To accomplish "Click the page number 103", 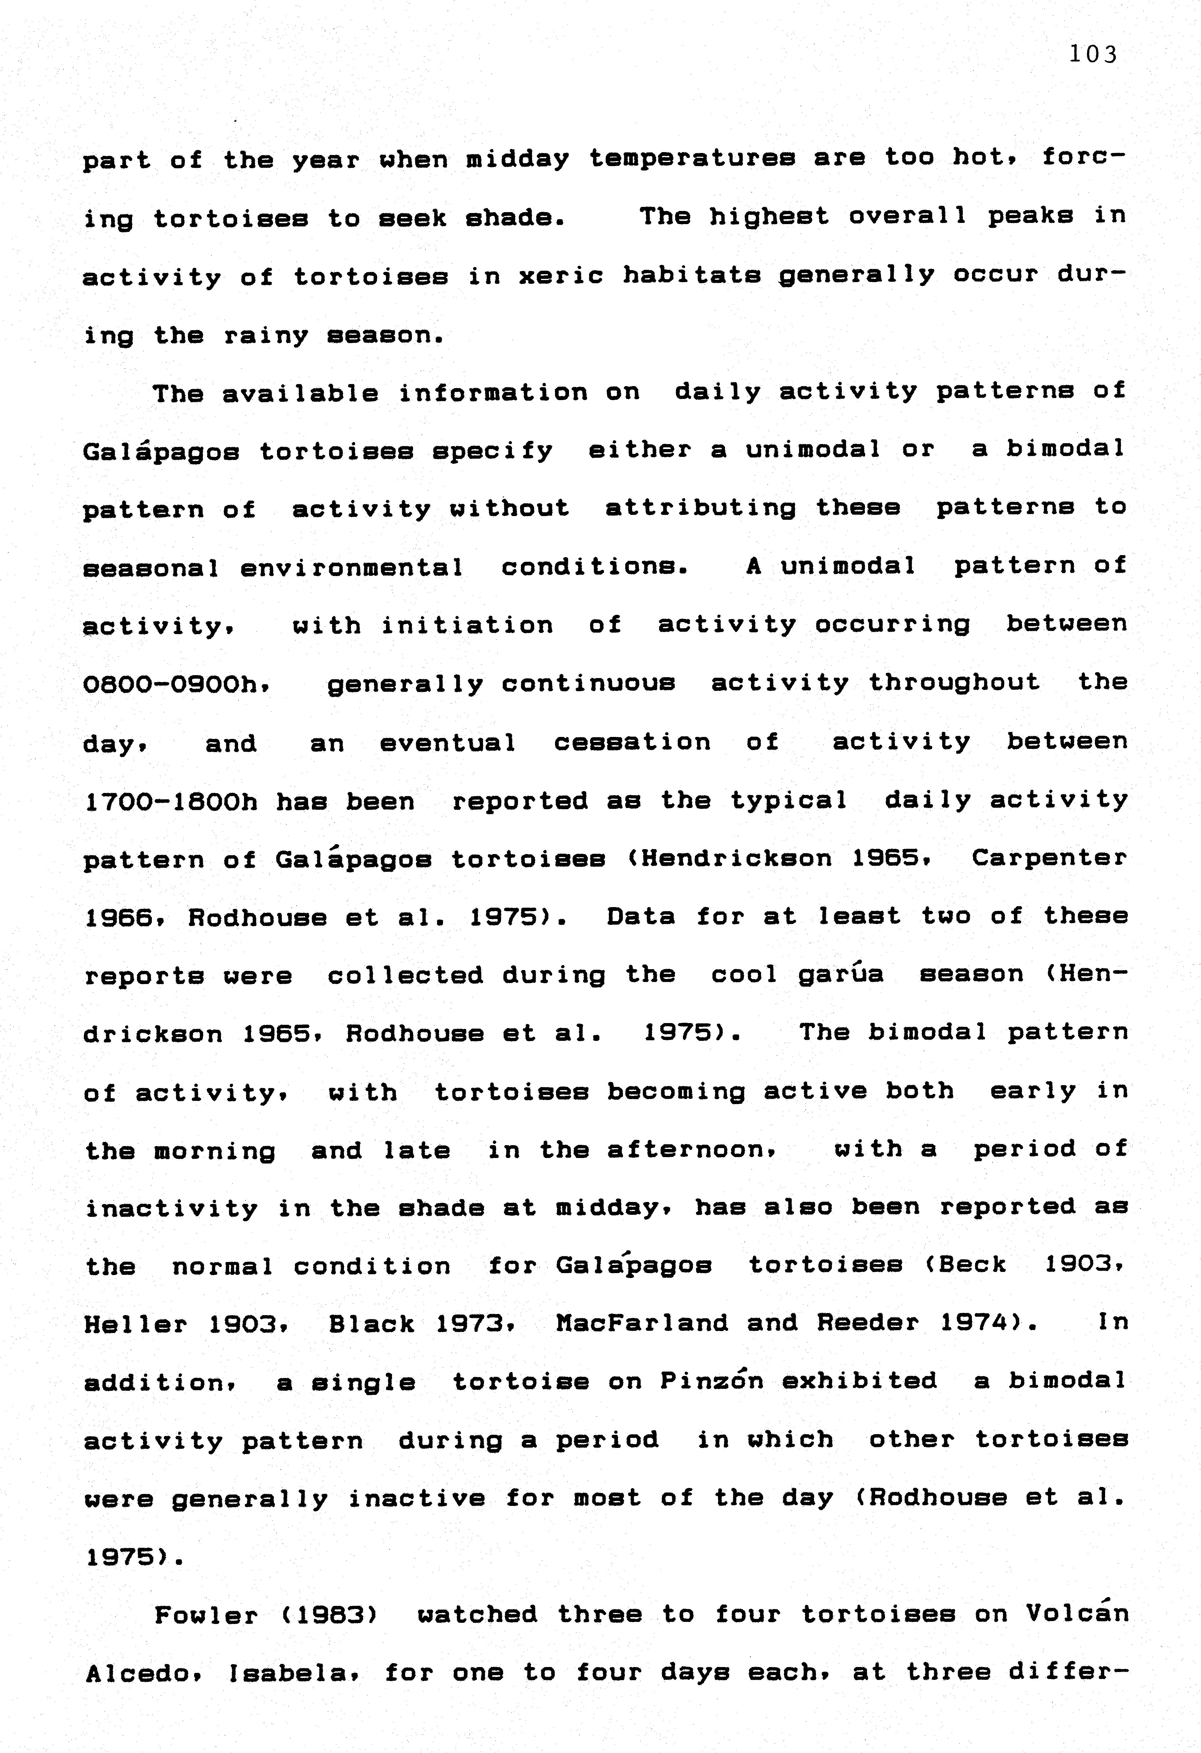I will (x=1092, y=54).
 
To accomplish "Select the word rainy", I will (x=266, y=336).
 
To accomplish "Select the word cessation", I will (x=631, y=742).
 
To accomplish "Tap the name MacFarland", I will (x=641, y=1323).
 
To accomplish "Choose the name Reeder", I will (x=868, y=1323).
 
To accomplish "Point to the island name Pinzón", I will (x=711, y=1381).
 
